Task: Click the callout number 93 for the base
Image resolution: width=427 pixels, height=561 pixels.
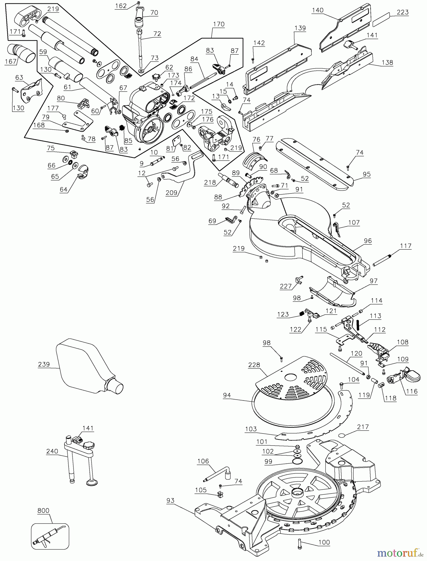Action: tap(170, 501)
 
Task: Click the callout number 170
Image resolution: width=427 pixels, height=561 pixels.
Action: tap(219, 24)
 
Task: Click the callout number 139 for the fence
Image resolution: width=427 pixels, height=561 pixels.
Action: tap(300, 28)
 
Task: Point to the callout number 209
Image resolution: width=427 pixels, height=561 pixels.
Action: tap(171, 193)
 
